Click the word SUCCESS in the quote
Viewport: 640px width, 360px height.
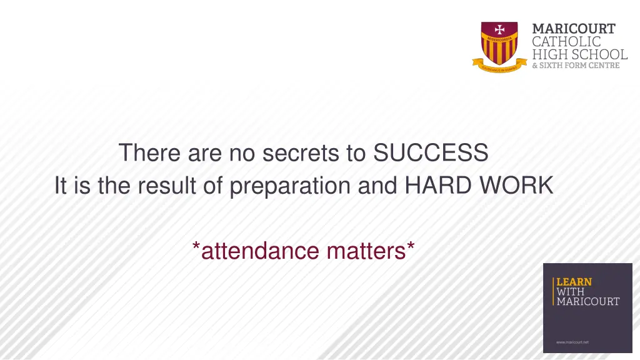tap(430, 152)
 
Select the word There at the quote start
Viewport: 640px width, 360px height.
tap(148, 152)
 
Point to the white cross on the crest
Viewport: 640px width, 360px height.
tap(499, 29)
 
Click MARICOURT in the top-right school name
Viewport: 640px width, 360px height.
tap(573, 29)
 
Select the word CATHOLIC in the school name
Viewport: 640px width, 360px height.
tap(566, 42)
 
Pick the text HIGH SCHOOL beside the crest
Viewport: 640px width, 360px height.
tap(579, 54)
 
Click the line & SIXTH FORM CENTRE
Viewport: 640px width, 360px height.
tap(576, 66)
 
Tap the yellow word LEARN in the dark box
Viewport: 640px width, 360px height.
tap(574, 282)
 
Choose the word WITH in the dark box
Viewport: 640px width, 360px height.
tap(570, 292)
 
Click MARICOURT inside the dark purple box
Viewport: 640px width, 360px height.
tap(587, 302)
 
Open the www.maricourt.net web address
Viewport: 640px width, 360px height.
tap(572, 342)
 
